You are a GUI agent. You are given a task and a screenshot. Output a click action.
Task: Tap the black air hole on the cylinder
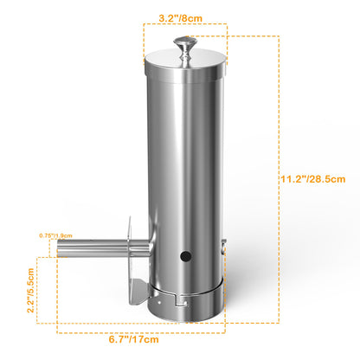pyautogui.click(x=186, y=256)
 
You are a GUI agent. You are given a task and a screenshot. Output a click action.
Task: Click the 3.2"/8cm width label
pyautogui.click(x=181, y=18)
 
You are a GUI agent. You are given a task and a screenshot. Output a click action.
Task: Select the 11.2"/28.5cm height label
pyautogui.click(x=313, y=179)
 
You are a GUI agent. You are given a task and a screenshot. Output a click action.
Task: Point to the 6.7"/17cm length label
pyautogui.click(x=134, y=339)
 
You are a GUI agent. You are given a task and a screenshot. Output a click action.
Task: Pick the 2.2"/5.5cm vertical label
pyautogui.click(x=30, y=290)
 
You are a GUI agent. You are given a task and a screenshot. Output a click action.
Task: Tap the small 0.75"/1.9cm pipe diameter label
pyautogui.click(x=56, y=235)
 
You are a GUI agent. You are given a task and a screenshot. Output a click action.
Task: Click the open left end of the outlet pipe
pyautogui.click(x=59, y=248)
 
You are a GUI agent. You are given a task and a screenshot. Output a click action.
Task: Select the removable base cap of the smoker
pyautogui.click(x=186, y=305)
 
